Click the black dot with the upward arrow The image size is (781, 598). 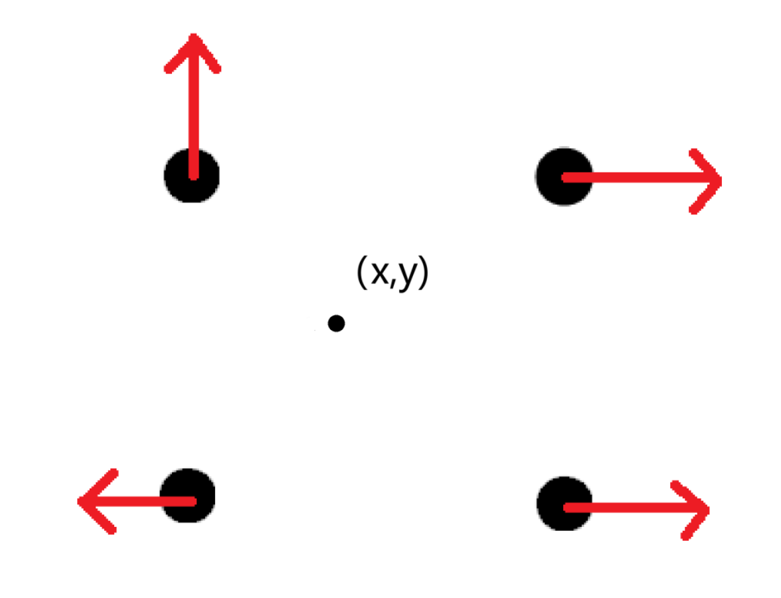point(192,175)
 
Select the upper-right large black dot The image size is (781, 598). point(564,177)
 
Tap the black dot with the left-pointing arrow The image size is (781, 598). point(188,495)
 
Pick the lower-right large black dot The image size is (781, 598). point(564,503)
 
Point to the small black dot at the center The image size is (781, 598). point(336,324)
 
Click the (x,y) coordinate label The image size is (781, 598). point(392,272)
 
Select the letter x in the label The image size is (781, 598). point(380,273)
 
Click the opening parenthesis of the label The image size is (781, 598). point(362,272)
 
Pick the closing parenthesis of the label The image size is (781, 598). point(424,272)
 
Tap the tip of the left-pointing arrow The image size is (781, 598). point(78,501)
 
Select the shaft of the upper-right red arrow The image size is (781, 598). point(641,178)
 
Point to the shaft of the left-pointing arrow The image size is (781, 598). point(137,501)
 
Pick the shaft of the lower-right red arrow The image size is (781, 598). point(636,508)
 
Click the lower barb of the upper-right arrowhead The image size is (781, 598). point(705,197)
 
